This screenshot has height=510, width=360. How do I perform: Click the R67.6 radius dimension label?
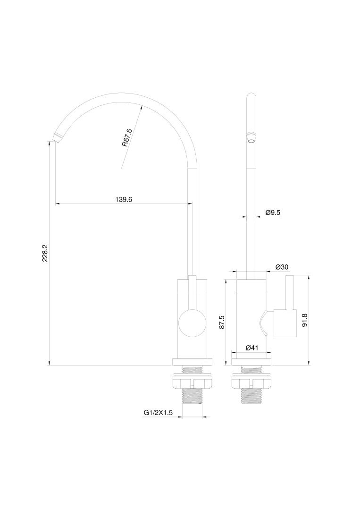click(x=127, y=137)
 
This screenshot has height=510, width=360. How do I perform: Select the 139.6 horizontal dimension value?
click(x=124, y=199)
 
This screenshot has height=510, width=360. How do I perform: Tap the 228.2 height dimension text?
click(x=45, y=253)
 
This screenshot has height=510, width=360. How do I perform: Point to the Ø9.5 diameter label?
click(x=273, y=212)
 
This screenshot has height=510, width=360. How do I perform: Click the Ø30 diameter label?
click(x=282, y=267)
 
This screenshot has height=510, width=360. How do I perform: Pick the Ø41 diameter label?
click(x=252, y=348)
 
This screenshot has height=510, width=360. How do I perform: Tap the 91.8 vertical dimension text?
click(x=304, y=320)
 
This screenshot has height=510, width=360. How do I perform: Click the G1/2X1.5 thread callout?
click(x=158, y=413)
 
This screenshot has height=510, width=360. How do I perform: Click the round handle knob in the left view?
click(x=193, y=323)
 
